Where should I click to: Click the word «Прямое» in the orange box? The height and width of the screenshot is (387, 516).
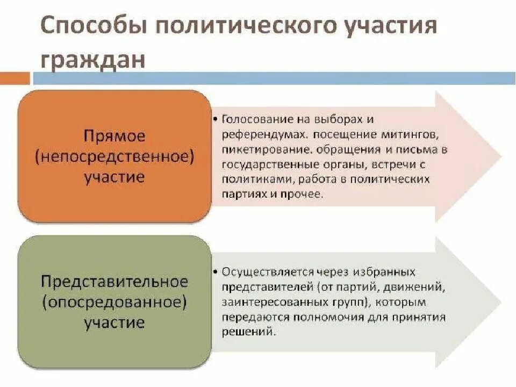pos(114,135)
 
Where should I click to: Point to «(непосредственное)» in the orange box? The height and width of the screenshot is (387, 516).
pos(114,156)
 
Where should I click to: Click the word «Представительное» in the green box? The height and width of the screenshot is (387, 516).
pos(114,281)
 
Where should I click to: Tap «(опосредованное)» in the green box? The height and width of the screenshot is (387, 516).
pos(114,302)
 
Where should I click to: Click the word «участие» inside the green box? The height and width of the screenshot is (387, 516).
pos(114,322)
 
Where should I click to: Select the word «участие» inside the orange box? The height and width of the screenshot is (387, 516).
pos(114,177)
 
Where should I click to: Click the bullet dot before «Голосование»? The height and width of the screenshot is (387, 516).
pos(216,118)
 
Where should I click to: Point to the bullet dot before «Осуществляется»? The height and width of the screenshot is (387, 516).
pos(216,272)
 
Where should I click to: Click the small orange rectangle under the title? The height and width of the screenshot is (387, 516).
pos(15,79)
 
